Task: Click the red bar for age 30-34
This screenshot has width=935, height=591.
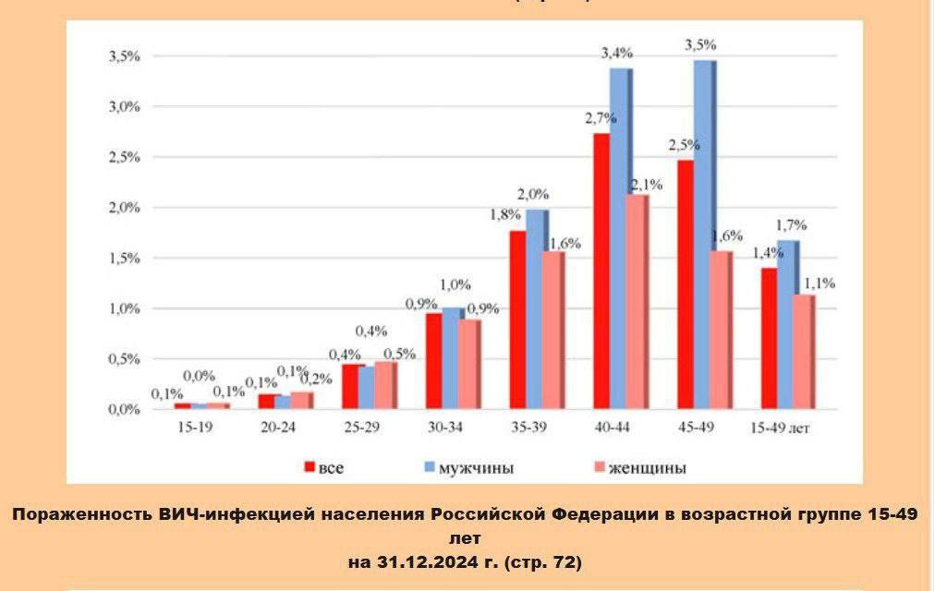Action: (433, 361)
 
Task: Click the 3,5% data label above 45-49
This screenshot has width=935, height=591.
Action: (699, 44)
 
